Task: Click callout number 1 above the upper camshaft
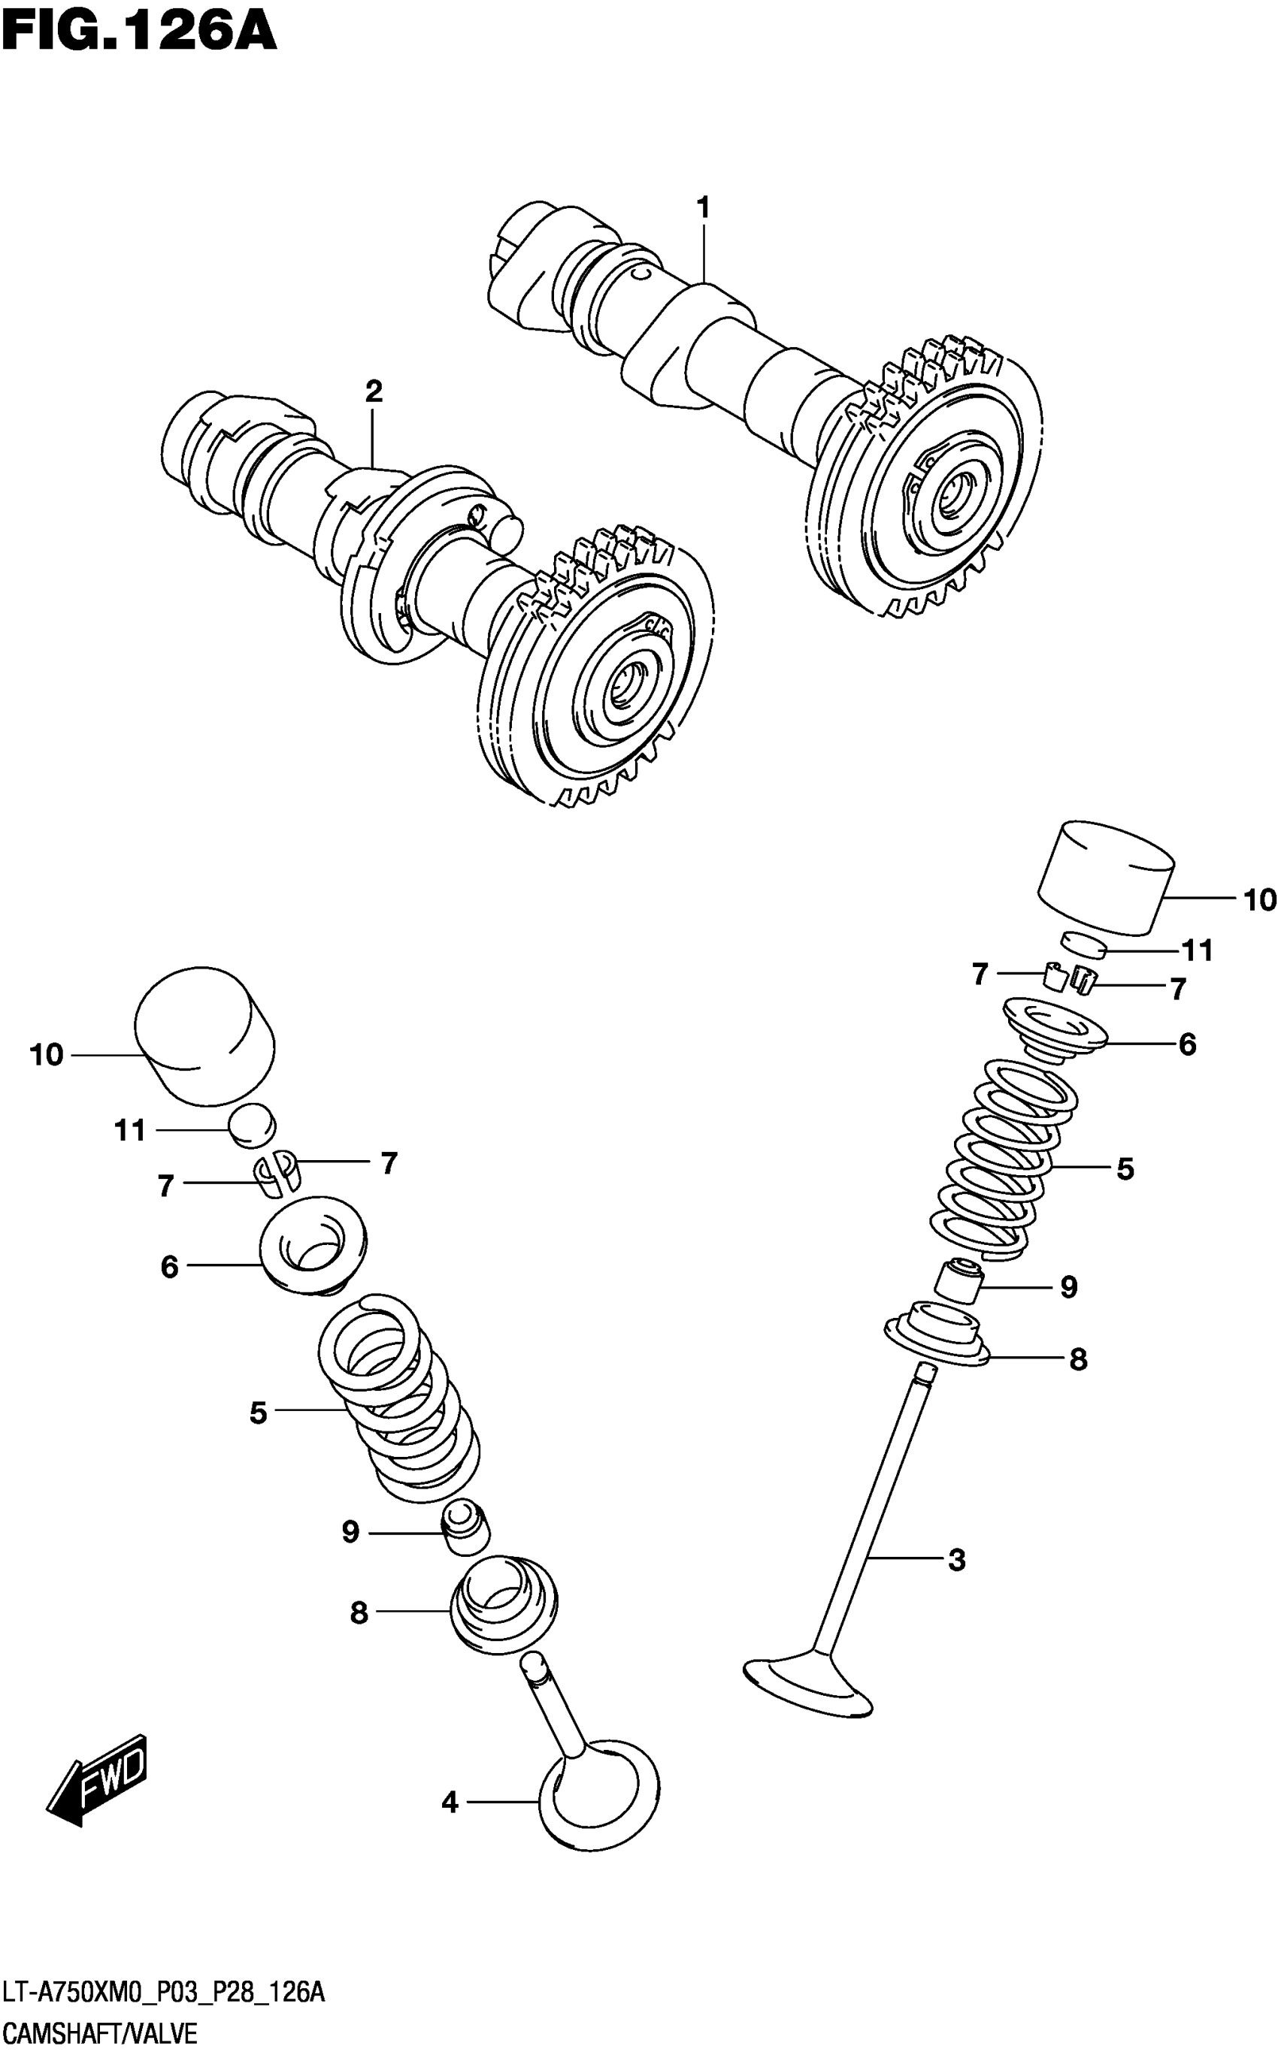coord(702,207)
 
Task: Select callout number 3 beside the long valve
coord(956,1560)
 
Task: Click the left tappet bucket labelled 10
coord(204,1035)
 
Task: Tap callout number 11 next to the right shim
coord(1197,950)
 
